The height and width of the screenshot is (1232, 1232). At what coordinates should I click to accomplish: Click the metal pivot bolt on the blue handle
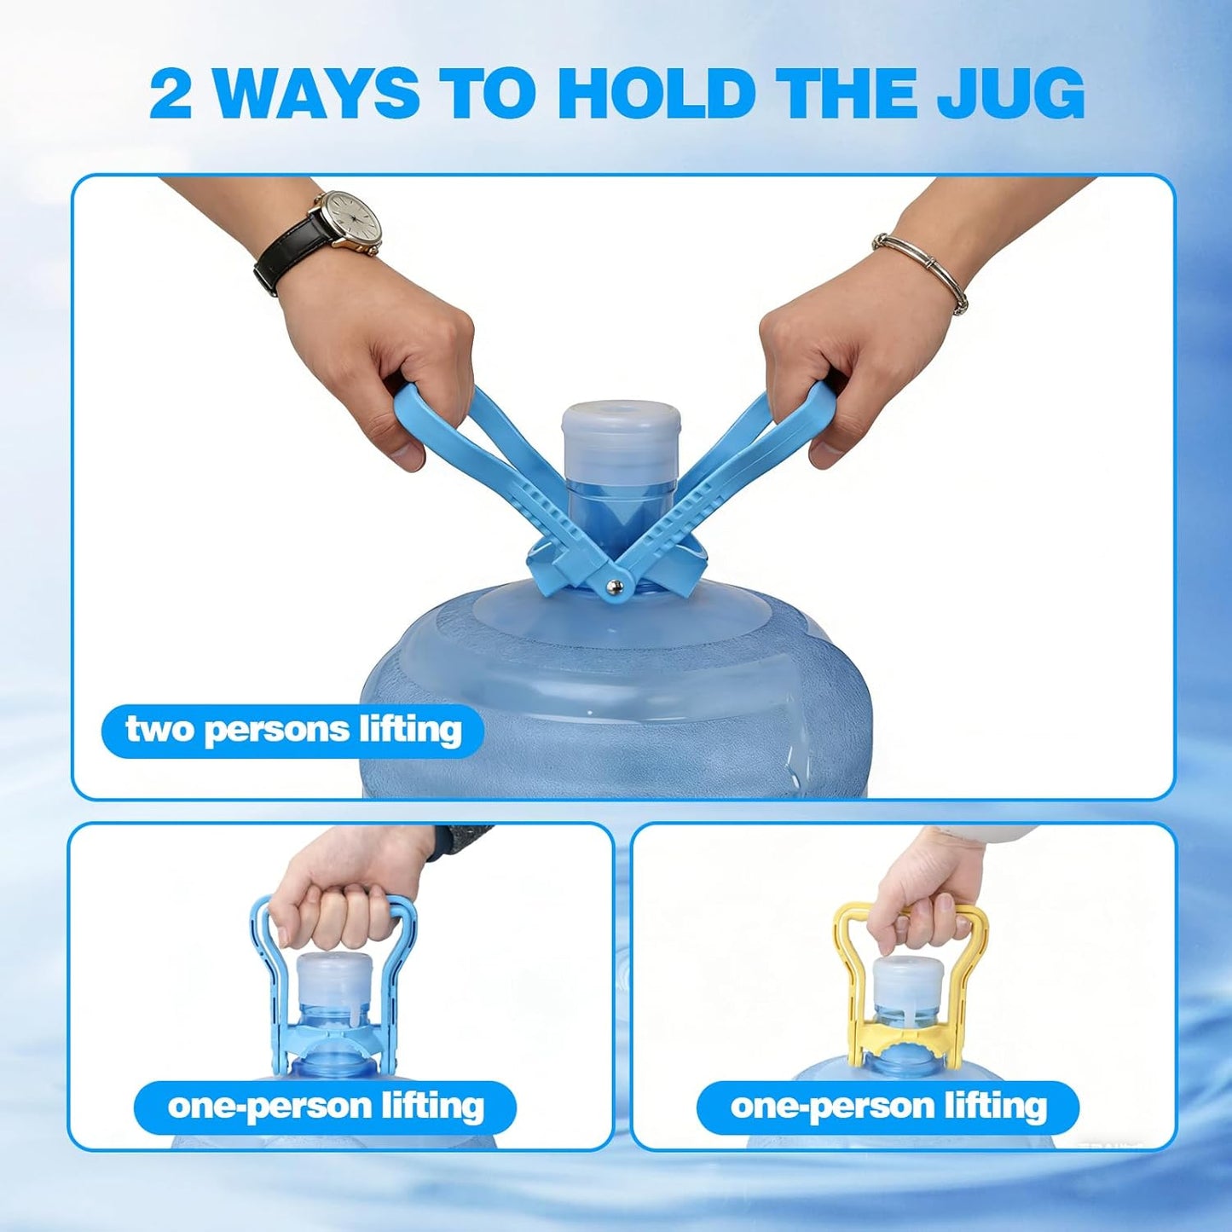pos(613,586)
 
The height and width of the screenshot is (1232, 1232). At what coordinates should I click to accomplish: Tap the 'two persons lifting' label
pos(293,731)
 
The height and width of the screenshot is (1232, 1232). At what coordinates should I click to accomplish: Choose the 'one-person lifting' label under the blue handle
pos(326,1107)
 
